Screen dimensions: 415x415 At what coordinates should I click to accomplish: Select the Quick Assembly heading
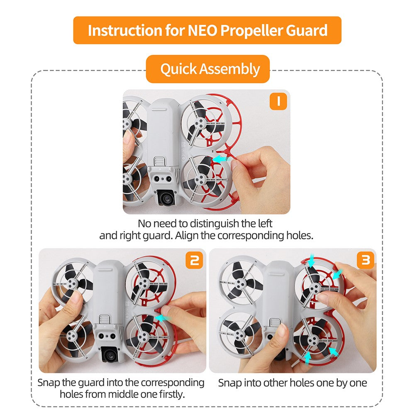pyautogui.click(x=210, y=69)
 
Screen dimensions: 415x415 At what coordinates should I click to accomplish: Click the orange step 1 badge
pyautogui.click(x=278, y=101)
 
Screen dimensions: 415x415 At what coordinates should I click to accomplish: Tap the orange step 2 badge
pyautogui.click(x=194, y=260)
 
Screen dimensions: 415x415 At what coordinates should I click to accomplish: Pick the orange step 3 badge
pyautogui.click(x=366, y=260)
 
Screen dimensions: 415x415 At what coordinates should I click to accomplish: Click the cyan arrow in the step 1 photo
pyautogui.click(x=221, y=159)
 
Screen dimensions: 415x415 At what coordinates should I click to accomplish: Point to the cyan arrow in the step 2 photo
pyautogui.click(x=163, y=318)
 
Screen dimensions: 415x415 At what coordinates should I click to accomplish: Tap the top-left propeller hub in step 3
pyautogui.click(x=240, y=283)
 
